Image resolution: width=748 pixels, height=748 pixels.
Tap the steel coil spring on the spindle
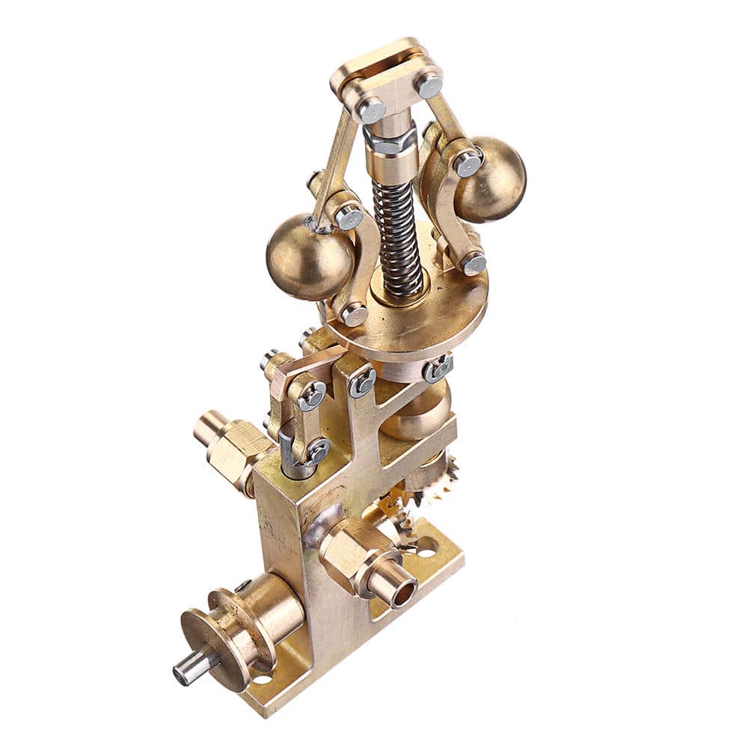[396, 232]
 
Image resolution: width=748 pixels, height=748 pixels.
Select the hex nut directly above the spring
[390, 140]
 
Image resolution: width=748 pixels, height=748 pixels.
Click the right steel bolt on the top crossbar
[429, 85]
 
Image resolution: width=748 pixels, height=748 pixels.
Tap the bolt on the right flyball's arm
[468, 164]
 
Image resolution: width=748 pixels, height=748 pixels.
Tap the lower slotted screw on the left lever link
[317, 451]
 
